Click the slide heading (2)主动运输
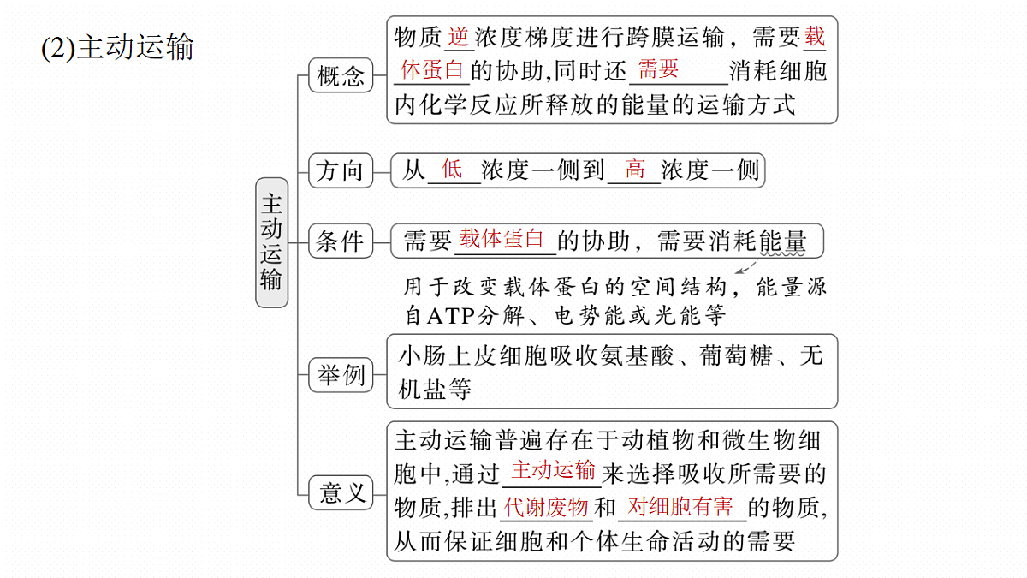(x=117, y=47)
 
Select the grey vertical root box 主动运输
(x=272, y=242)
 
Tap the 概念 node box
(x=341, y=75)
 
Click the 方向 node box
(x=341, y=170)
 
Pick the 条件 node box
(x=341, y=241)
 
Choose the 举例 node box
(x=341, y=375)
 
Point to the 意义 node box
(x=341, y=492)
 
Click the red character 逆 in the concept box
(x=459, y=37)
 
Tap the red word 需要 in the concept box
(x=658, y=69)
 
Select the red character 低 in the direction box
(x=452, y=169)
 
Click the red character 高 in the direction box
(x=634, y=169)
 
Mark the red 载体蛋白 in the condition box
(x=502, y=238)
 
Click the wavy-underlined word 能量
(x=782, y=241)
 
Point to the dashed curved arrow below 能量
(x=746, y=267)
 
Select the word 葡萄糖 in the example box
(x=736, y=355)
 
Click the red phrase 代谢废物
(x=546, y=507)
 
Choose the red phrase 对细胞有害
(x=680, y=507)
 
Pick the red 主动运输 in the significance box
(x=553, y=470)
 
